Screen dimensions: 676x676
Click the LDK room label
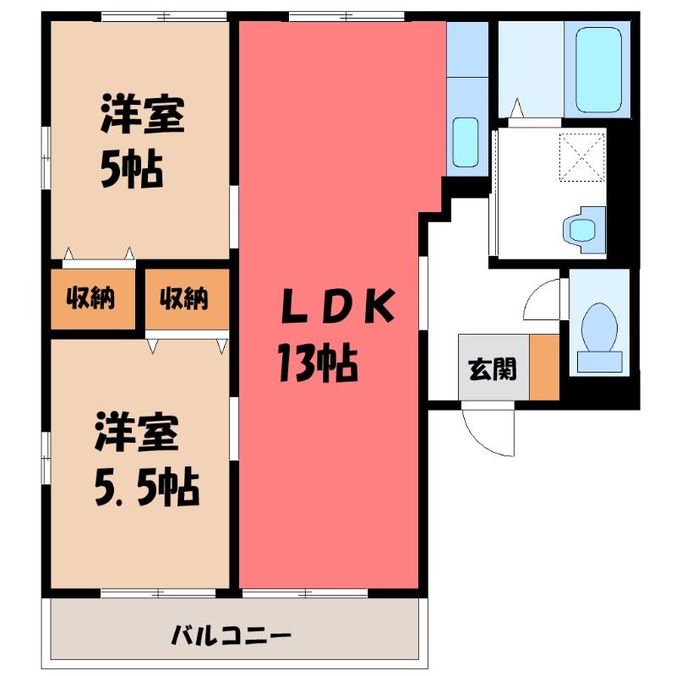(337, 306)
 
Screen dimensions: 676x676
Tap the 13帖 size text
(318, 363)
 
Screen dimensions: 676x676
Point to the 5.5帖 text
(146, 488)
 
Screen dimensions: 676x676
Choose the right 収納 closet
(187, 299)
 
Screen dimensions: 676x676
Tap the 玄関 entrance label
(493, 369)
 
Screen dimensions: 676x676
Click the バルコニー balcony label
(231, 635)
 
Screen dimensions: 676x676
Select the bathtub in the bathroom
(598, 70)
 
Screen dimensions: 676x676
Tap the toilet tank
(599, 362)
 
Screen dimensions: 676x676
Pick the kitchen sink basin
(466, 142)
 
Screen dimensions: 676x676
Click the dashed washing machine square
(582, 157)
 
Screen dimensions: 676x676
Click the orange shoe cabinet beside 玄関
(544, 367)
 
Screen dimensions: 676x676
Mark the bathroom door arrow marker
(517, 108)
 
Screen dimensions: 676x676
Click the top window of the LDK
(346, 17)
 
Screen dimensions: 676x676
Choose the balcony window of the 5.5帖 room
(158, 593)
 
